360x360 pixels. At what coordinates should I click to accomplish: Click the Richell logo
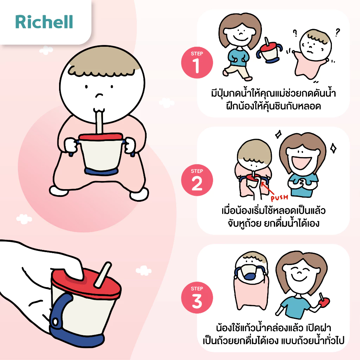44,22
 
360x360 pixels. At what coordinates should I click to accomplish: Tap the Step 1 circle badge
197,63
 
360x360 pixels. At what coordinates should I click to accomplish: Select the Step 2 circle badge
197,180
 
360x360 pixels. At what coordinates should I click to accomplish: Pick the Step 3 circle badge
197,297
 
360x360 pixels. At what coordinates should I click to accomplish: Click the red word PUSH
279,198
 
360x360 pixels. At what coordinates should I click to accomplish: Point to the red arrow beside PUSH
267,188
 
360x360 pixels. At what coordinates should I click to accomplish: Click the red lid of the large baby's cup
101,137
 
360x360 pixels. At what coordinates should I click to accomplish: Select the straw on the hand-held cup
102,274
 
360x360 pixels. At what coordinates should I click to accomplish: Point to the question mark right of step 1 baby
337,32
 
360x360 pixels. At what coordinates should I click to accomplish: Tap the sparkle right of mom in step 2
333,148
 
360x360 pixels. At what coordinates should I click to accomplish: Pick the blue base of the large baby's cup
101,172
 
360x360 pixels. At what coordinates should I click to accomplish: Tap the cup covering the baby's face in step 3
250,272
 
